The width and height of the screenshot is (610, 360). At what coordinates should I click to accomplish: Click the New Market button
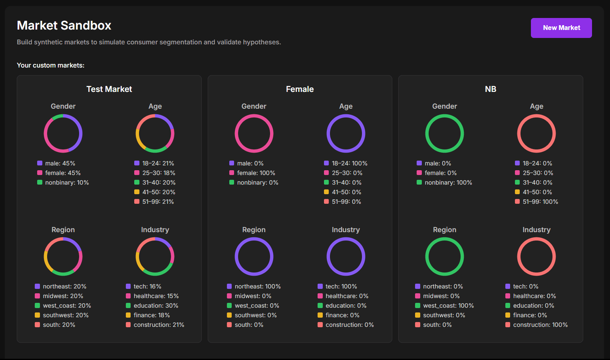point(561,28)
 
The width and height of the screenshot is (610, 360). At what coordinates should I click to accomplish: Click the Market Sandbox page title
point(64,26)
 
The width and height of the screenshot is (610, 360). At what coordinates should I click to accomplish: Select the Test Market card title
point(109,89)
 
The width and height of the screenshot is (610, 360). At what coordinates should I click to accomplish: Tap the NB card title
point(490,89)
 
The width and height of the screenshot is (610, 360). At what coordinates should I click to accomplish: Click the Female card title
point(300,89)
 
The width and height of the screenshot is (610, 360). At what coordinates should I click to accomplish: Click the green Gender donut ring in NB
point(427,133)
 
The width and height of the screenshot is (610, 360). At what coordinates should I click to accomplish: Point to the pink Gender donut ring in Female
point(236,133)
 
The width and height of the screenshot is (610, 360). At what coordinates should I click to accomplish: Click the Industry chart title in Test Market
point(155,230)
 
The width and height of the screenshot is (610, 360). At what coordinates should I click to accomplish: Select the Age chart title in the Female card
point(346,106)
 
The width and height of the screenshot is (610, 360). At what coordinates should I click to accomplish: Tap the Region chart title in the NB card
point(444,230)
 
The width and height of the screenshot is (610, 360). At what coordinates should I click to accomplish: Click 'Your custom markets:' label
point(51,66)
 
